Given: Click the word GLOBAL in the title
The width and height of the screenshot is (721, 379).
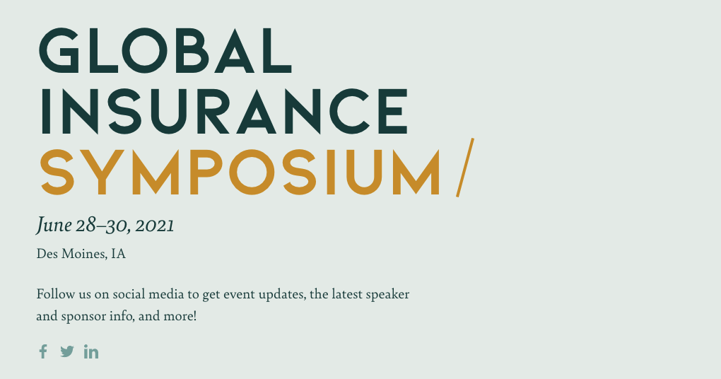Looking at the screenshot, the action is tap(165, 51).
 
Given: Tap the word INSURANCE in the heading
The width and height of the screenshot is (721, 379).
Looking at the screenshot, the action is tap(224, 111).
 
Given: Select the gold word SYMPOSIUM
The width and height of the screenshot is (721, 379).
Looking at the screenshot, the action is tap(240, 172).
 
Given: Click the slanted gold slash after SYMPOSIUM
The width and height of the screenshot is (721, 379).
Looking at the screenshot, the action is tap(465, 168).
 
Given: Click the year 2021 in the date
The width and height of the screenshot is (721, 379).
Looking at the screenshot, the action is tap(155, 226).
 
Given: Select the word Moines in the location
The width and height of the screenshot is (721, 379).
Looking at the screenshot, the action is tap(84, 254).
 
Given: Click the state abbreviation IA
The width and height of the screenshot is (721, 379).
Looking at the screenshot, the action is tap(118, 254).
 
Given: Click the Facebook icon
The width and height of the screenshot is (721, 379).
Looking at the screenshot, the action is tap(43, 351).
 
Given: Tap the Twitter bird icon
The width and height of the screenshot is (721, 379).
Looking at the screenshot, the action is tap(67, 351).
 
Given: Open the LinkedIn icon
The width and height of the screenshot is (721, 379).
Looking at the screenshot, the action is tap(91, 351).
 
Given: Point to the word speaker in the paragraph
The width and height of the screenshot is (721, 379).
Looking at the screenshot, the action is tap(387, 295).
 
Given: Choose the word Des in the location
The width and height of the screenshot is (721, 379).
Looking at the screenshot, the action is tap(47, 254).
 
